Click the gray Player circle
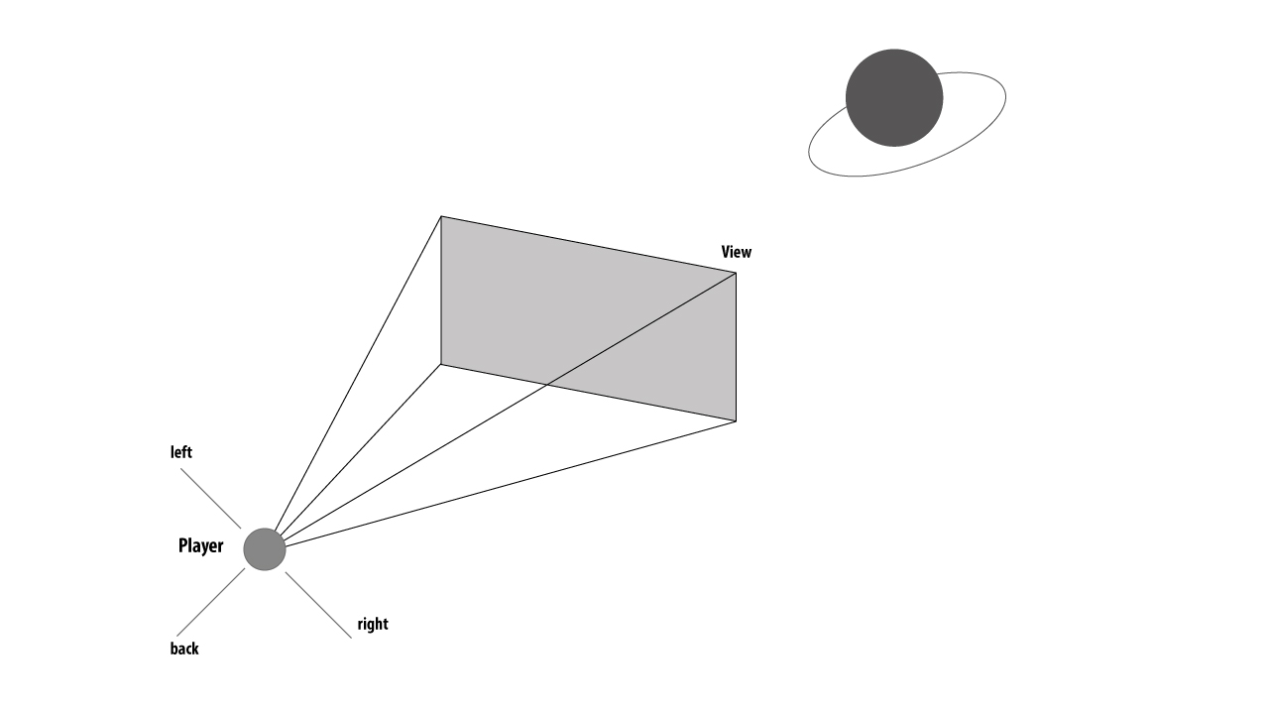click(265, 549)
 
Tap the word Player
click(200, 545)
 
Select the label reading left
click(181, 452)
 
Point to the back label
click(184, 649)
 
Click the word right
click(373, 624)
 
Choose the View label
click(736, 252)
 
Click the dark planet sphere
click(893, 97)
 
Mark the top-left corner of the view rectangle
click(441, 216)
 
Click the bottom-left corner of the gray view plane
click(441, 364)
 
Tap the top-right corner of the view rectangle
click(736, 273)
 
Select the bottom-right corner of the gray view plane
click(736, 420)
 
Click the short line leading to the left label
click(210, 498)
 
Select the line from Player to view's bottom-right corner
click(511, 483)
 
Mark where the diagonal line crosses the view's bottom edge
click(546, 385)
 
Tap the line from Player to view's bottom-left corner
click(358, 447)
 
